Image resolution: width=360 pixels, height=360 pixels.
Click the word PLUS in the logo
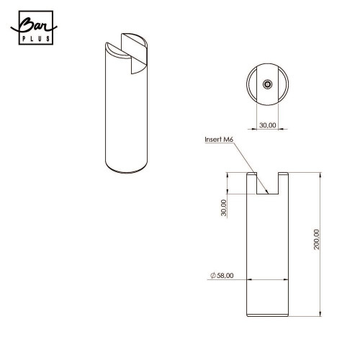point(36,39)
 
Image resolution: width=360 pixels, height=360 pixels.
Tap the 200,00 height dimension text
point(317,240)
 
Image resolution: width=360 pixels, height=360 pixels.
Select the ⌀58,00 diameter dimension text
point(222,276)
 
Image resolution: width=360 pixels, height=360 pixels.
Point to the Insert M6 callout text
point(219,140)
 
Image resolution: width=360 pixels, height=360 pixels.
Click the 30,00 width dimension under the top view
point(268,125)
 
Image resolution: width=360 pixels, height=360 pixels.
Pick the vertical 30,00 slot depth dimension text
point(224,208)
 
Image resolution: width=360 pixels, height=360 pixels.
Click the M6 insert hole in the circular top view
point(267,84)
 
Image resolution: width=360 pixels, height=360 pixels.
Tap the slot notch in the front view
point(268,184)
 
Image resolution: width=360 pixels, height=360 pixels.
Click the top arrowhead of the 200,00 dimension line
point(320,174)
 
